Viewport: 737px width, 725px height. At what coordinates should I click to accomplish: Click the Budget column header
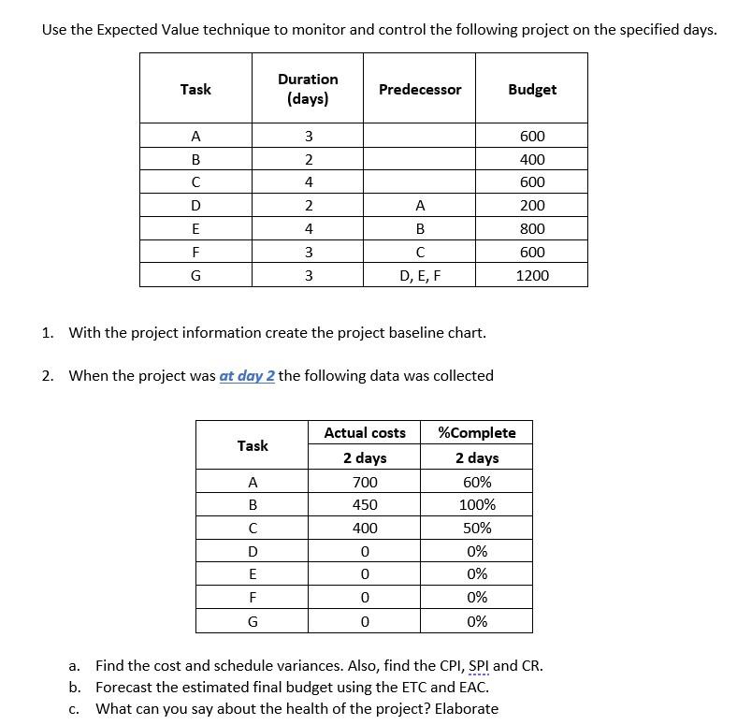531,90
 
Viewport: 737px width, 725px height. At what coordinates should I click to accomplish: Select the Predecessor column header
419,90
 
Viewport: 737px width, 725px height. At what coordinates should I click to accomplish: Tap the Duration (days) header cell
308,89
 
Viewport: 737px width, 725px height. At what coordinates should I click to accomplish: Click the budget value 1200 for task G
531,275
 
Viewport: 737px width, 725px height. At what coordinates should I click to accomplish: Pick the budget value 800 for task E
531,229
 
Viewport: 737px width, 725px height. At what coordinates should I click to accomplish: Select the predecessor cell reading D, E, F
419,275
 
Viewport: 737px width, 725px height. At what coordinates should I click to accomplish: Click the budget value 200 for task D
531,206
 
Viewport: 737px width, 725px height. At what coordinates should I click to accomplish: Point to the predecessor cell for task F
419,253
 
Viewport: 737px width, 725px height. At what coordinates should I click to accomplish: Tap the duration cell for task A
308,137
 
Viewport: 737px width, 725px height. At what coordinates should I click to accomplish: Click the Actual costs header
365,433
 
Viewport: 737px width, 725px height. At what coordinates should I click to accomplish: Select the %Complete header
477,433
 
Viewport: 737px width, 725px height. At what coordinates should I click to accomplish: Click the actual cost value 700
365,483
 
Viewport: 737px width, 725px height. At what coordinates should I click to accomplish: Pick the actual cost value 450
365,505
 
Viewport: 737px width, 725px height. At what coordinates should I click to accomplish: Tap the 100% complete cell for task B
477,505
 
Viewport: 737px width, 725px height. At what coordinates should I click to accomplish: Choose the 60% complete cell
477,483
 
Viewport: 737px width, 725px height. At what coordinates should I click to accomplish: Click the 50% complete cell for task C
477,529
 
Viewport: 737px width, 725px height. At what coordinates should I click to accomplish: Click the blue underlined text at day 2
247,376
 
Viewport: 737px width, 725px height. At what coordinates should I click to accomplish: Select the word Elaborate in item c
466,708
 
